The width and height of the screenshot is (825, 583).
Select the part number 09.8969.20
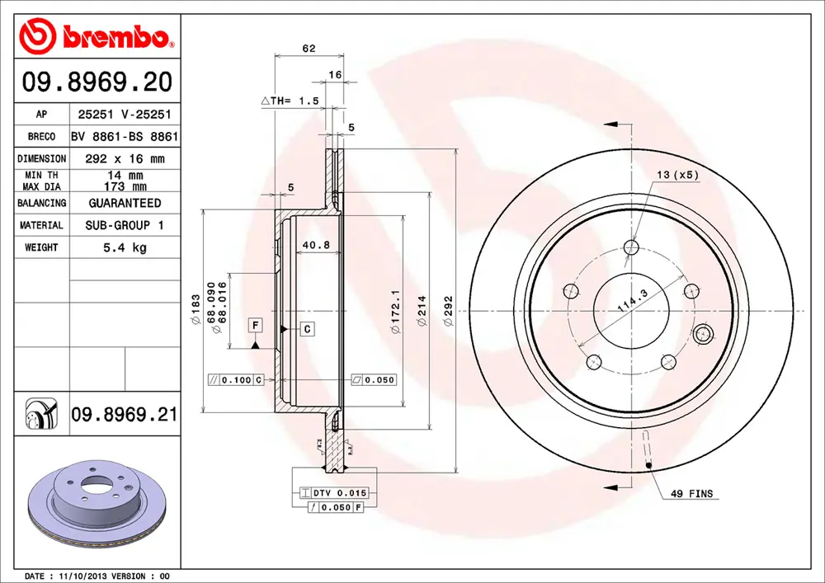pyautogui.click(x=97, y=82)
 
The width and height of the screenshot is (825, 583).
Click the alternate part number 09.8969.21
pyautogui.click(x=124, y=414)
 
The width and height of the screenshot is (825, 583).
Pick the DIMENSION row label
pyautogui.click(x=41, y=158)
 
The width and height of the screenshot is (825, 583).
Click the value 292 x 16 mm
pyautogui.click(x=125, y=158)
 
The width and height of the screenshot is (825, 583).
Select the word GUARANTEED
pyautogui.click(x=125, y=203)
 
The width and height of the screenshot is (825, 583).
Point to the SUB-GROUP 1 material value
pyautogui.click(x=125, y=225)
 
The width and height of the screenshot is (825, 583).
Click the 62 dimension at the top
pyautogui.click(x=309, y=49)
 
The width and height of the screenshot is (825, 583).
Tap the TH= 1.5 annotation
pyautogui.click(x=289, y=101)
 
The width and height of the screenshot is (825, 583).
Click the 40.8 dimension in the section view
pyautogui.click(x=315, y=245)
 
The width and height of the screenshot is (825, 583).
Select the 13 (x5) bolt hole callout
pyautogui.click(x=677, y=175)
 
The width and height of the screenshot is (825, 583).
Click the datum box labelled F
pyautogui.click(x=256, y=325)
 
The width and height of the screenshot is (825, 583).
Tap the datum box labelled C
pyautogui.click(x=306, y=329)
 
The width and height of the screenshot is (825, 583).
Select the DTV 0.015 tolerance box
pyautogui.click(x=340, y=492)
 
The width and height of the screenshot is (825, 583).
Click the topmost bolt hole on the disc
pyautogui.click(x=632, y=247)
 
